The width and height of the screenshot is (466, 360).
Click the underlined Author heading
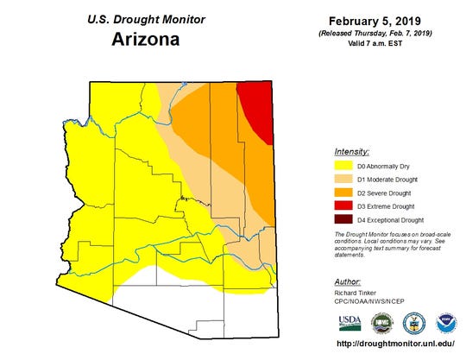346,281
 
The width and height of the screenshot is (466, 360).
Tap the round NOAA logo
445,323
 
